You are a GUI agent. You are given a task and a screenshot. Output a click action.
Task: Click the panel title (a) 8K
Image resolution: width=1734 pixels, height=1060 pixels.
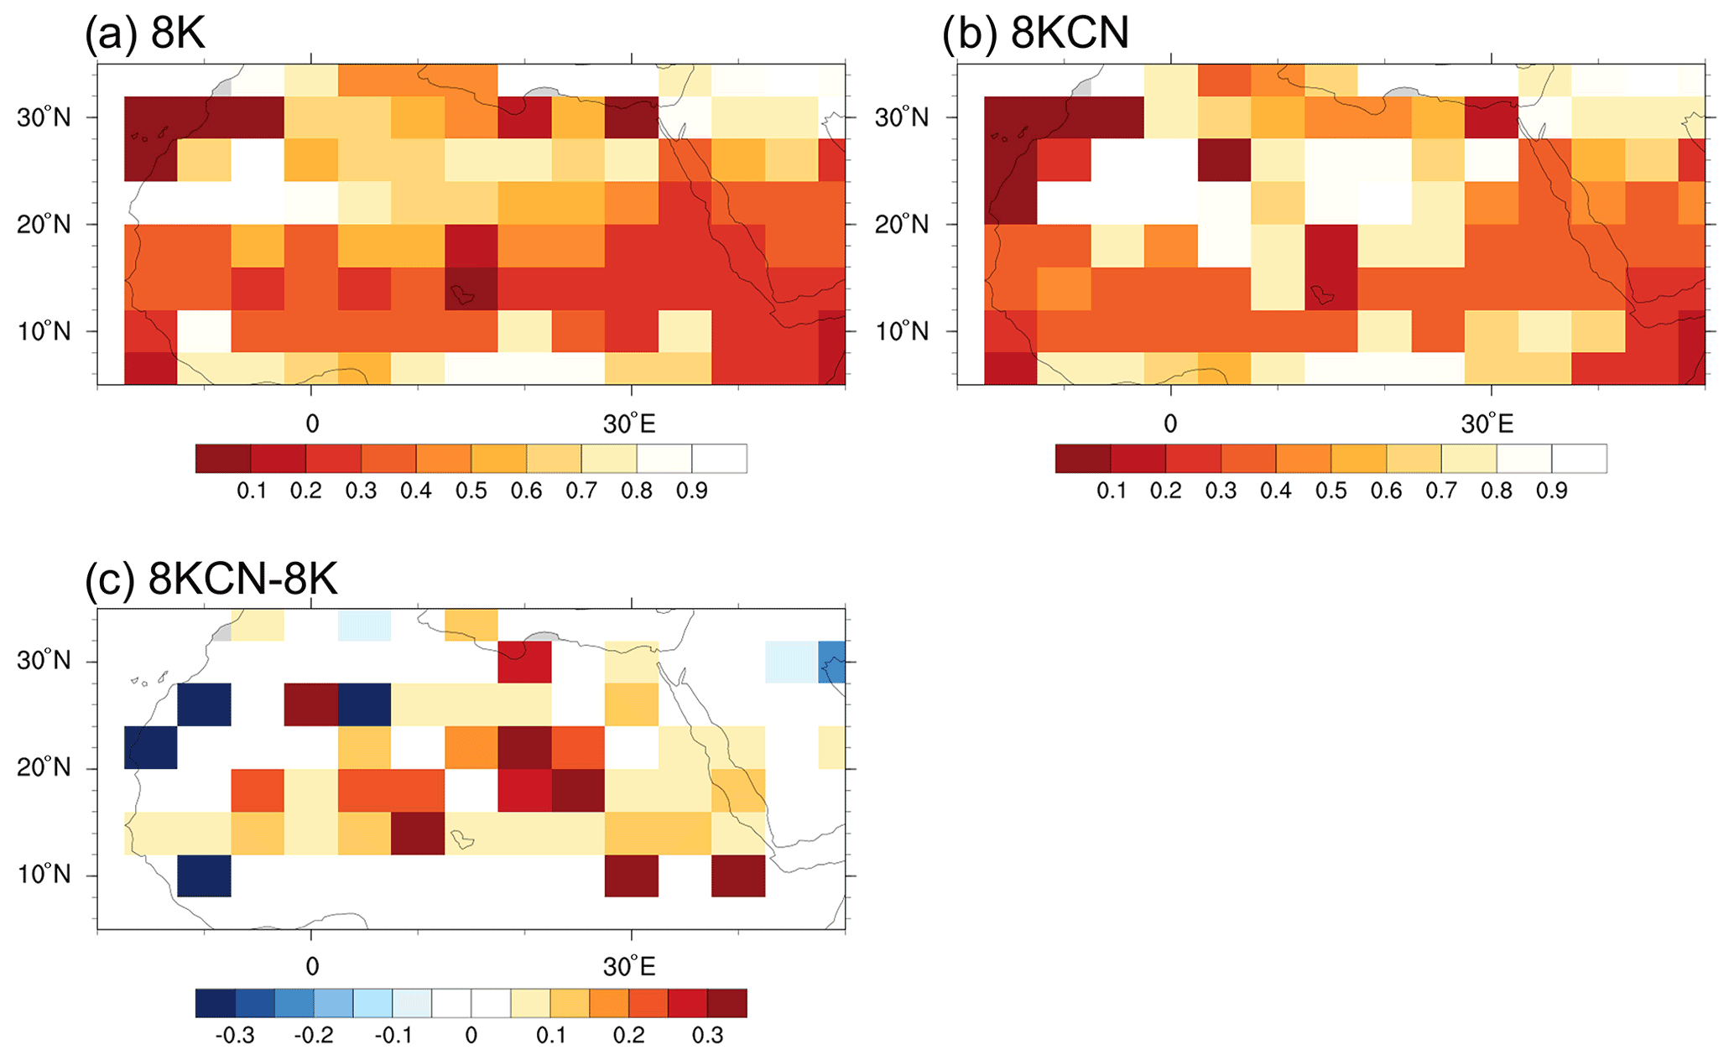[144, 35]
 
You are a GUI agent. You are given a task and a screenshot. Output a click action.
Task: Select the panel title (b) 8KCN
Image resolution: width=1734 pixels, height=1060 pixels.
[1035, 35]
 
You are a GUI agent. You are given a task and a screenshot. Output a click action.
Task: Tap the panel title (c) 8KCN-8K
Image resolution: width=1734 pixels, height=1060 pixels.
[211, 579]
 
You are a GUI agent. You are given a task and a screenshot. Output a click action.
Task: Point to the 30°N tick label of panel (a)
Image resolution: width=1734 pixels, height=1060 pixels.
[44, 117]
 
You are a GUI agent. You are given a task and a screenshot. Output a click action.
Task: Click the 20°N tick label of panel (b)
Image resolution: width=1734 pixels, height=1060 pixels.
[902, 225]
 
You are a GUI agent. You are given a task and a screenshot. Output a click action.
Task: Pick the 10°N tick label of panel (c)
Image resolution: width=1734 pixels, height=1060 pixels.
[44, 876]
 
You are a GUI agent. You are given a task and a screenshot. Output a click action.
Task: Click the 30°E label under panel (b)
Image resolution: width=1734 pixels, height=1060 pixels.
[1487, 424]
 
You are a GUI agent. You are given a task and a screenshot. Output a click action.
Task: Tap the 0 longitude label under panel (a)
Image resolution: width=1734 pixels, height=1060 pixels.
[312, 424]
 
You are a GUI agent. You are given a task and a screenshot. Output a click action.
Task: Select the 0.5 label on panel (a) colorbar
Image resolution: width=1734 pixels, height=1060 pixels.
[471, 491]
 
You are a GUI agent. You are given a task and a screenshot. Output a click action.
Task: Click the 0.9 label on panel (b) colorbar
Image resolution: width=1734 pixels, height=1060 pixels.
[1552, 491]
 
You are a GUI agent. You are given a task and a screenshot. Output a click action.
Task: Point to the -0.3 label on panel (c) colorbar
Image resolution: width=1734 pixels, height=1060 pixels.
[235, 1036]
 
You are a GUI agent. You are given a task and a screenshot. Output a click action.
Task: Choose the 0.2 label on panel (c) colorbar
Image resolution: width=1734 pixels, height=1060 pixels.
[629, 1036]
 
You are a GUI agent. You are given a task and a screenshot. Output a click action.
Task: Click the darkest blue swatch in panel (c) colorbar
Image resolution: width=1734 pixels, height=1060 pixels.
[216, 1004]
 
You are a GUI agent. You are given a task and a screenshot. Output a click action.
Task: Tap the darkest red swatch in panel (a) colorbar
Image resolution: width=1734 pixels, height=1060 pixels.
[223, 459]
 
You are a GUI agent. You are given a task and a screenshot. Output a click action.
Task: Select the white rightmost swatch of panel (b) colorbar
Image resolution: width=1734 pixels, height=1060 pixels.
[1579, 459]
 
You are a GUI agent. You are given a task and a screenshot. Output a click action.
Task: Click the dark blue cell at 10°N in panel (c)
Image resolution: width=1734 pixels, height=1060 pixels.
[204, 876]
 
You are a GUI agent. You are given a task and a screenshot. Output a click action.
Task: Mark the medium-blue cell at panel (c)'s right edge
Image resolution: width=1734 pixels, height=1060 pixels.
[831, 662]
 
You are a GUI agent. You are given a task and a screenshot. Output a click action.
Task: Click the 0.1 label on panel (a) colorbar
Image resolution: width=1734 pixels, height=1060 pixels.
[252, 491]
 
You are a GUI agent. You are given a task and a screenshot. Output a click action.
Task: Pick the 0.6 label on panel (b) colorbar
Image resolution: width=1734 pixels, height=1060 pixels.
[1387, 491]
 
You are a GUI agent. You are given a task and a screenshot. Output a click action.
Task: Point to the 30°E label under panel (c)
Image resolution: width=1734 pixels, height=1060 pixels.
[629, 968]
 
